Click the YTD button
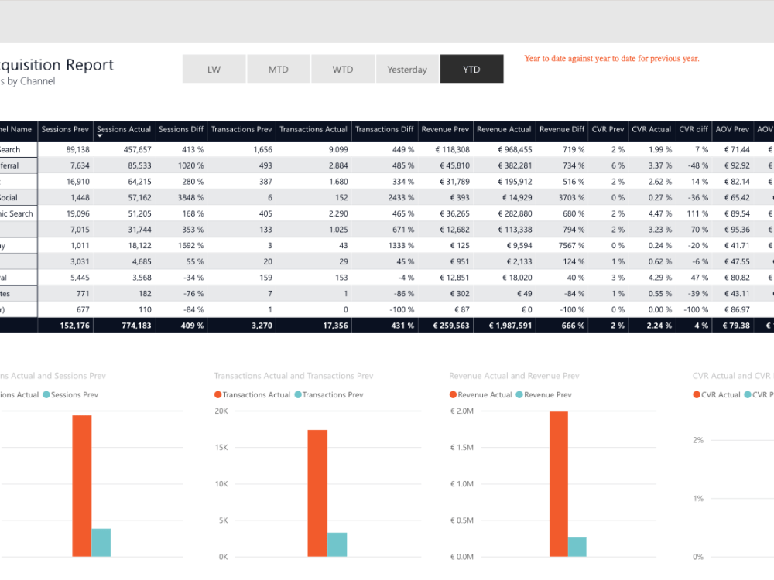471,69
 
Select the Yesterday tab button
407,69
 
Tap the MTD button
278,69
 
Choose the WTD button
343,69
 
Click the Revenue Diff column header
562,129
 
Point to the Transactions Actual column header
313,129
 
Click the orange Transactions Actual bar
317,493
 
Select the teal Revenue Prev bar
577,546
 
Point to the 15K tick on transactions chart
221,448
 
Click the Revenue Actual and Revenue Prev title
514,376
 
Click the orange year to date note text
611,59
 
